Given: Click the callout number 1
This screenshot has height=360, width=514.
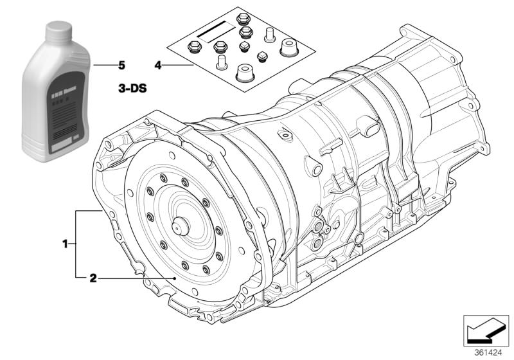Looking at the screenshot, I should pos(65,244).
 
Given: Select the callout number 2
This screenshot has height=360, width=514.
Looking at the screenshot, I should pos(93,278).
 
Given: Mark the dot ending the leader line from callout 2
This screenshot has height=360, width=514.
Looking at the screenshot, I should pos(175,278).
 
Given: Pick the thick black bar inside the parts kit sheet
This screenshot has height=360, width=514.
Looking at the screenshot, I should pos(214,30).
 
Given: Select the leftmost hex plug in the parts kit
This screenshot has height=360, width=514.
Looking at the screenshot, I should pos(192,46).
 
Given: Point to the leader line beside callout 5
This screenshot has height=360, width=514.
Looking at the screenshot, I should pos(103,65).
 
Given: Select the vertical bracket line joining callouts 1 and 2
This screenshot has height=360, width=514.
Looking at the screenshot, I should pos(76,244).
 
